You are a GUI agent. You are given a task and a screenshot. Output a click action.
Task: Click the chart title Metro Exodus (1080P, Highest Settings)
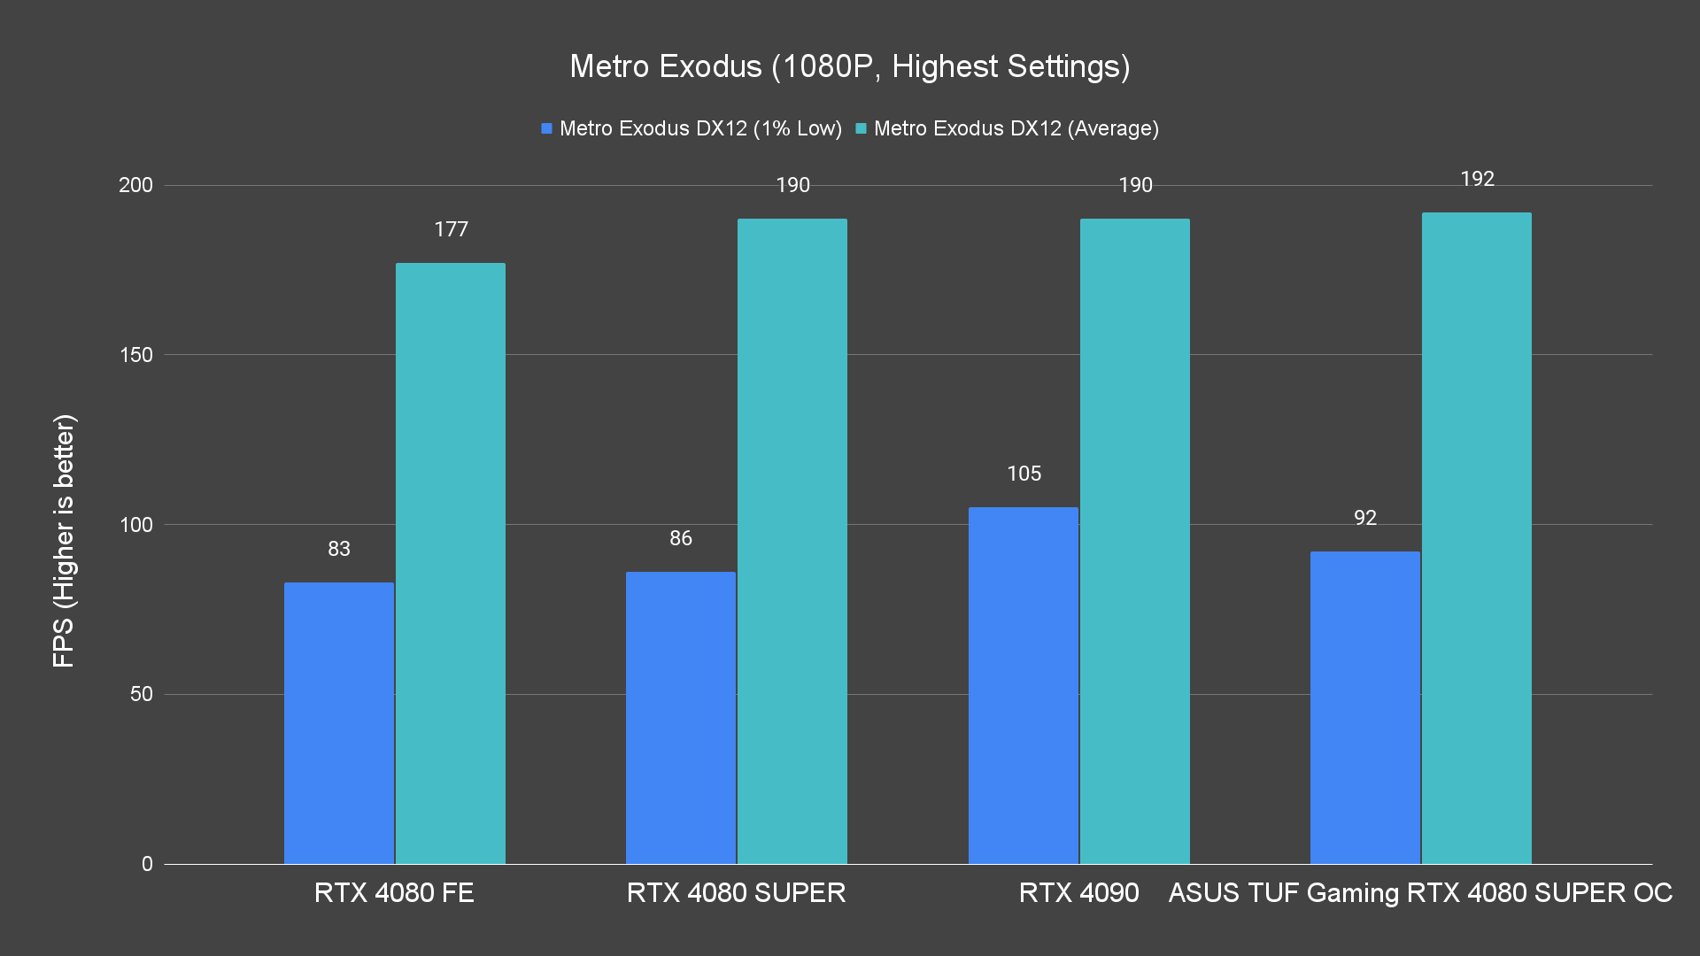pos(849,66)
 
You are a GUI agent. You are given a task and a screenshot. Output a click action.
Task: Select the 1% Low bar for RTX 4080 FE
pos(338,722)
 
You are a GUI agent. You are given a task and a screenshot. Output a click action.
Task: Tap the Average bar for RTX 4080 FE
pos(450,563)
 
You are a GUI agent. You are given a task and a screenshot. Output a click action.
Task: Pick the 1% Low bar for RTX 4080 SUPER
pos(680,717)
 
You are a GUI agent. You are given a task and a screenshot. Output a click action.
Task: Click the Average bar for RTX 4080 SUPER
pos(792,541)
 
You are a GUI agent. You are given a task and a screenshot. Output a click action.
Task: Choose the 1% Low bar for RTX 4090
pos(1023,685)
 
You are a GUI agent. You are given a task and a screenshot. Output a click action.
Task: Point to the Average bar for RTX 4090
pos(1134,541)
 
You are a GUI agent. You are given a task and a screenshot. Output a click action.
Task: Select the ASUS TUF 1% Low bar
pos(1364,707)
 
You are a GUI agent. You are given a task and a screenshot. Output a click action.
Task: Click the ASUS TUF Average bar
pos(1476,538)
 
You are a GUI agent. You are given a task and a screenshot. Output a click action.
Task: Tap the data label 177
pos(451,230)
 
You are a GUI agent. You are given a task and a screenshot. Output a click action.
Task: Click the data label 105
pos(1024,474)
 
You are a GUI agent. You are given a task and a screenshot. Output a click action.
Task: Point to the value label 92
pos(1364,518)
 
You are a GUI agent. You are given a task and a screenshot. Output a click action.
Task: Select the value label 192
pos(1477,179)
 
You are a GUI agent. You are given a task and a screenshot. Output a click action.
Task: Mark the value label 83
pos(338,549)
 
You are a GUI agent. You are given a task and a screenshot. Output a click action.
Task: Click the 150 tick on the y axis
pos(135,355)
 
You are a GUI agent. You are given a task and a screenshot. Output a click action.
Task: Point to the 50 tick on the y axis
pos(141,694)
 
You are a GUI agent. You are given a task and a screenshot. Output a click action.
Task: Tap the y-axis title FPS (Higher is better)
pos(64,540)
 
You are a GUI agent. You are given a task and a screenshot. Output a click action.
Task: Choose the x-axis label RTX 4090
pos(1078,892)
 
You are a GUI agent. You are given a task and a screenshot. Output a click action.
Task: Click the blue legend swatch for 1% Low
pos(546,129)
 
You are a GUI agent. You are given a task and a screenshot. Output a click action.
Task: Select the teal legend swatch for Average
pos(861,129)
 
